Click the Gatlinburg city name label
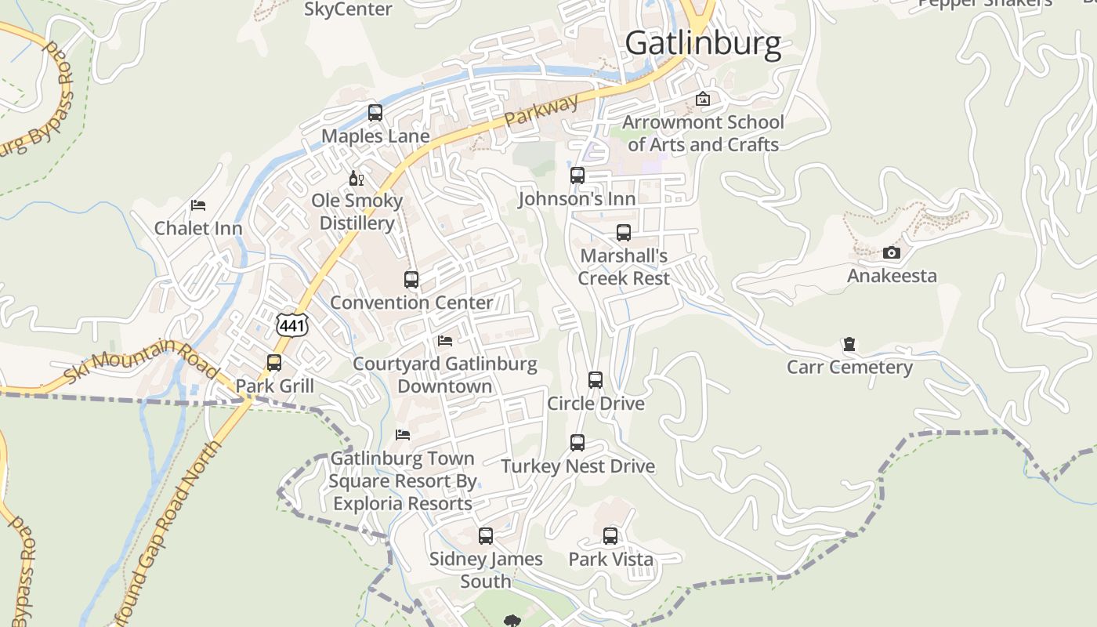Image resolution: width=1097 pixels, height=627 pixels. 703,43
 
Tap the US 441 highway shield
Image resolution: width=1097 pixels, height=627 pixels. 292,325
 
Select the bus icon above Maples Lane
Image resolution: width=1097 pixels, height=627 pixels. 375,113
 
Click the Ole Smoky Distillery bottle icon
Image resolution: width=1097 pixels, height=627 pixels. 357,178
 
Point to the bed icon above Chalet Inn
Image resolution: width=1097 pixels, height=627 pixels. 198,205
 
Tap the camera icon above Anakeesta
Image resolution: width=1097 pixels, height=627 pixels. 892,252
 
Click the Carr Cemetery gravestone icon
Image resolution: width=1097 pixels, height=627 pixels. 849,344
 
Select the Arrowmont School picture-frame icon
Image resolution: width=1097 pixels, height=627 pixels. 703,99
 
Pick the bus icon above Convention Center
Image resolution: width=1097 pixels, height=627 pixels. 411,279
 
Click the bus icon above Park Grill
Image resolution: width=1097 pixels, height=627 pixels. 274,363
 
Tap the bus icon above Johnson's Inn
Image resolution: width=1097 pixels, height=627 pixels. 577,176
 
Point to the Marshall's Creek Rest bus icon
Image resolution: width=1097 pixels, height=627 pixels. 624,233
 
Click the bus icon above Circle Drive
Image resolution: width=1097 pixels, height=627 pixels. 596,380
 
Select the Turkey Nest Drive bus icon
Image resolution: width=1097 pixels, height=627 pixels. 577,443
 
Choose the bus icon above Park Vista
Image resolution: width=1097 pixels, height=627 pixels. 610,536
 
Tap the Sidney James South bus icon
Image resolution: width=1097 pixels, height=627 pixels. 486,536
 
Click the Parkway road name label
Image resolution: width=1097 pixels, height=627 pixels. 541,111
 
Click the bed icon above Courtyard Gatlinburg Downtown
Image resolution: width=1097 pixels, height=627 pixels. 445,341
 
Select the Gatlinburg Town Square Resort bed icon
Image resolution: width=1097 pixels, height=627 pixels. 403,435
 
